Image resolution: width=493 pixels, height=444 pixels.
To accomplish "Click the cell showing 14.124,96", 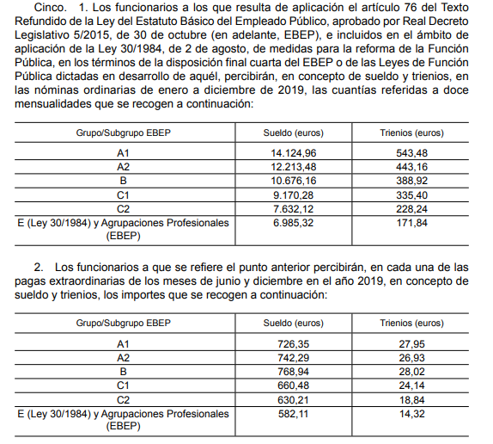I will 293,153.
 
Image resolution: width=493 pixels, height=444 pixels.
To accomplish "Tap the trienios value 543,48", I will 411,153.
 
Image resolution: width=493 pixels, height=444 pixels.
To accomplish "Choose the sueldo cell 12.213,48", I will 293,166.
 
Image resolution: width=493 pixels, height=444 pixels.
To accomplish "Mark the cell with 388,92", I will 411,180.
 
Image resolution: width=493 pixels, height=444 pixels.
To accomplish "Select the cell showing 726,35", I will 293,344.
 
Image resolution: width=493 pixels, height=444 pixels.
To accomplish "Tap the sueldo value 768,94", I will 293,371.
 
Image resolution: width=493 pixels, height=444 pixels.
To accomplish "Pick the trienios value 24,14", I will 411,385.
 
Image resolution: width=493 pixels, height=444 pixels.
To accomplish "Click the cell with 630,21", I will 293,398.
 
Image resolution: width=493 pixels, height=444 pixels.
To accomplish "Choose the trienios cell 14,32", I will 411,413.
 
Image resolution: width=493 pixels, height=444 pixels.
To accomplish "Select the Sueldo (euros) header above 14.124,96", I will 292,133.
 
